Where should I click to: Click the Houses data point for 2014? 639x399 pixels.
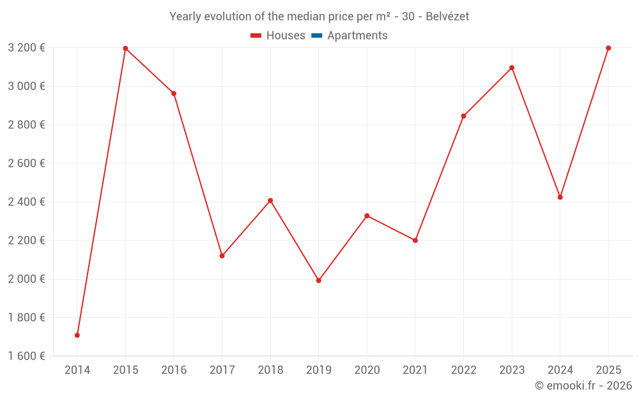pyautogui.click(x=77, y=335)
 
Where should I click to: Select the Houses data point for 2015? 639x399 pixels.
pyautogui.click(x=125, y=49)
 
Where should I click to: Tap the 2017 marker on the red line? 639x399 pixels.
pyautogui.click(x=222, y=256)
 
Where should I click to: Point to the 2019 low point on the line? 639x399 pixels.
pyautogui.click(x=319, y=280)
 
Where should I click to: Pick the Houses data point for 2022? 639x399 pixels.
pyautogui.click(x=463, y=116)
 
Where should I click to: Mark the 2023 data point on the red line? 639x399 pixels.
pyautogui.click(x=512, y=68)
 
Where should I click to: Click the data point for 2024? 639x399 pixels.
pyautogui.click(x=560, y=197)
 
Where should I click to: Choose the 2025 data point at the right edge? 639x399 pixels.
pyautogui.click(x=608, y=48)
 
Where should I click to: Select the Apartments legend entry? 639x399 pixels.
pyautogui.click(x=357, y=36)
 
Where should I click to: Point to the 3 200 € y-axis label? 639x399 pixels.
pyautogui.click(x=26, y=48)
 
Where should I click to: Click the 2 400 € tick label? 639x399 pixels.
pyautogui.click(x=26, y=202)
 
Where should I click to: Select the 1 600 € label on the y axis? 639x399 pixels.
pyautogui.click(x=26, y=356)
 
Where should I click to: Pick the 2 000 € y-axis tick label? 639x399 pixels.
pyautogui.click(x=26, y=279)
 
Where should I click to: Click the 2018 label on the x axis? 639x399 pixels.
pyautogui.click(x=270, y=370)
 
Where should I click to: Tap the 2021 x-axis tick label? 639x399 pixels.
pyautogui.click(x=415, y=370)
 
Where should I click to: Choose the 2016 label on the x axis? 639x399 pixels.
pyautogui.click(x=174, y=370)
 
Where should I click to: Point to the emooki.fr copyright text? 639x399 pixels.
pyautogui.click(x=583, y=386)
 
